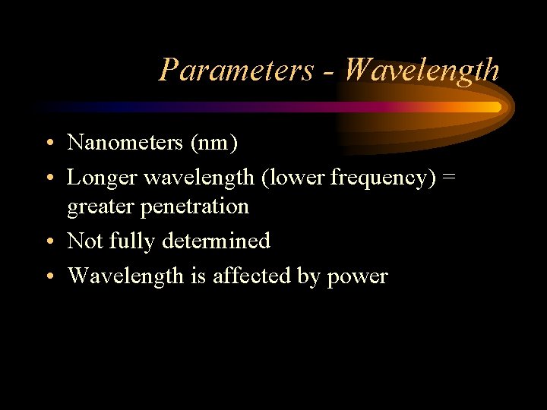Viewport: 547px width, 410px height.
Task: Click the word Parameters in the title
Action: [236, 70]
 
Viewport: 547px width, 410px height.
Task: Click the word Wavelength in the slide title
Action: [421, 70]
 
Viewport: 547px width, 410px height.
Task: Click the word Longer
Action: [102, 178]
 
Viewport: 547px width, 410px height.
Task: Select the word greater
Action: [99, 207]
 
